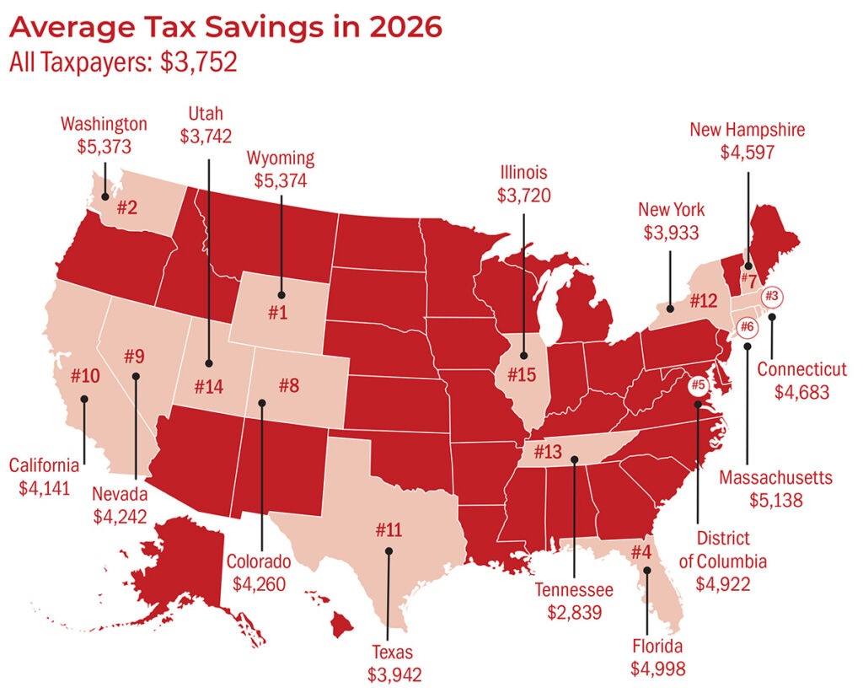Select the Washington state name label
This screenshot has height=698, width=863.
point(104,124)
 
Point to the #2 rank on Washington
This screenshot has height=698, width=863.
point(127,207)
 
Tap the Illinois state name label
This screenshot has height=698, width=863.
point(523,173)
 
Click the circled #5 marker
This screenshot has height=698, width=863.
point(698,386)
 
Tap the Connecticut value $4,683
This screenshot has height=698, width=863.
point(801,391)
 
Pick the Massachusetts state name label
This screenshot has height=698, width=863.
point(775,478)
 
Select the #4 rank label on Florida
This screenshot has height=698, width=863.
point(641,553)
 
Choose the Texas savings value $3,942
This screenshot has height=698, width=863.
point(394,673)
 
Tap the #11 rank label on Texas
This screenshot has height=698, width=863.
point(390,530)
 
